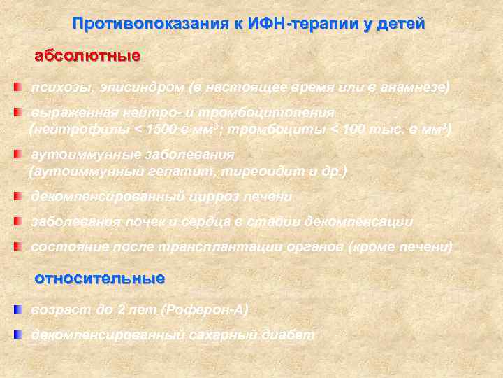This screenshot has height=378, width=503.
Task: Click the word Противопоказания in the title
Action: click(151, 24)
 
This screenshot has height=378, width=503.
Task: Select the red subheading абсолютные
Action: click(87, 55)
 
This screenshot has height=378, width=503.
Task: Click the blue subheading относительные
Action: click(100, 279)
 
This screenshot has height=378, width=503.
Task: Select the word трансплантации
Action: click(209, 247)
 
